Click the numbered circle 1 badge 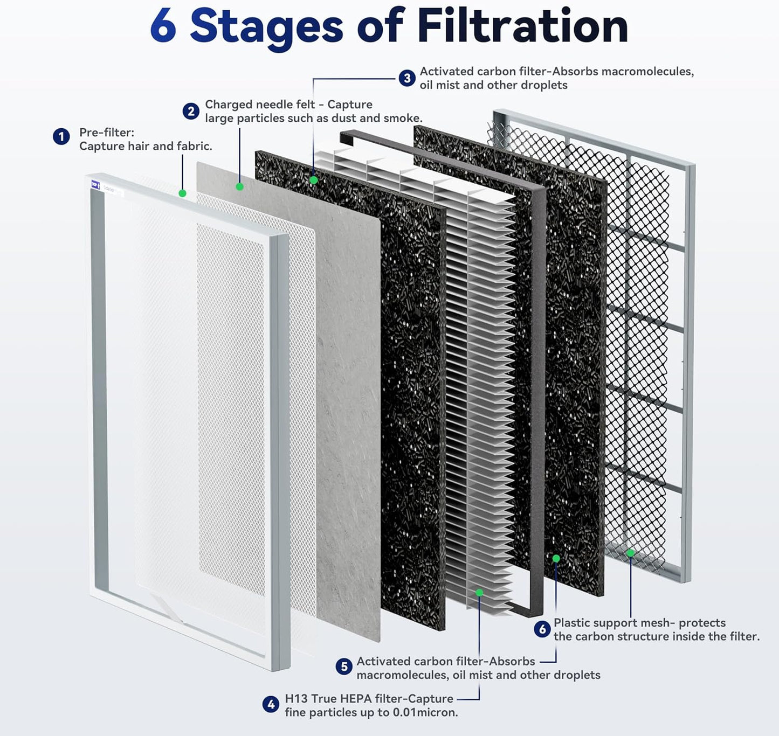pos(61,137)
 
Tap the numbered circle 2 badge pos(190,112)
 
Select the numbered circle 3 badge pos(407,78)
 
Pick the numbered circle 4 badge pos(271,704)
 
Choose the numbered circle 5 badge pos(343,667)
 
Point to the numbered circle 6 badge pos(542,629)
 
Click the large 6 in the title pos(163,26)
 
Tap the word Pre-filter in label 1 pos(106,133)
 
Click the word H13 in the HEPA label pos(296,698)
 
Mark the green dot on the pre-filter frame pos(182,193)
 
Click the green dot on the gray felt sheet pos(240,186)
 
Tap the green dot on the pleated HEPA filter pos(479,592)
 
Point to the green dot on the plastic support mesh pos(630,552)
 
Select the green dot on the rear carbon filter pos(556,558)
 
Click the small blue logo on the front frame pos(95,185)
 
